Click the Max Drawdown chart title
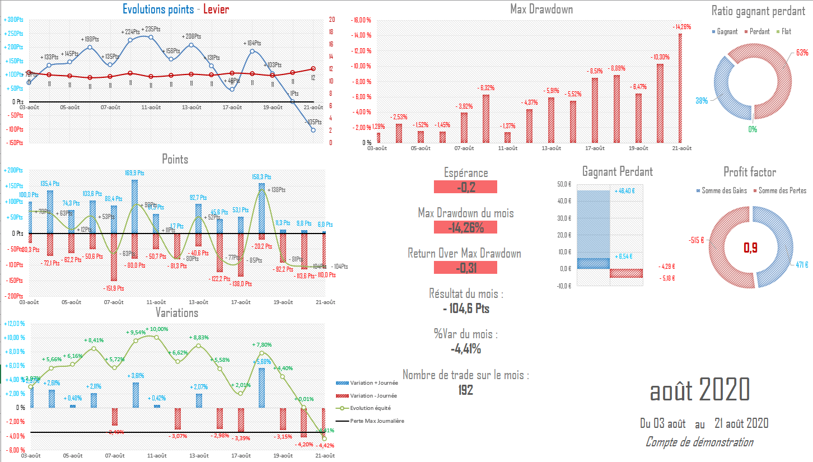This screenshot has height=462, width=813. tap(541, 9)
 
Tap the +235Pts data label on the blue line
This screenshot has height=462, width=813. tap(151, 29)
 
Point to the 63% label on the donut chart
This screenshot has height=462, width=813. tap(802, 53)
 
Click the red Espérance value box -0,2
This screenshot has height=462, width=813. tap(465, 187)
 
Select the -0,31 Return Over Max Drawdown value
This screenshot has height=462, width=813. tap(465, 268)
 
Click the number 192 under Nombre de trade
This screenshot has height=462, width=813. tap(465, 390)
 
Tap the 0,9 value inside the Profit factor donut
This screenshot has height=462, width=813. tap(750, 247)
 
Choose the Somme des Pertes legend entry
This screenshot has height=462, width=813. tap(782, 191)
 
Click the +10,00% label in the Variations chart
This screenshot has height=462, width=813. tap(156, 329)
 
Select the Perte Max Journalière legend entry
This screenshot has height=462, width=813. tap(376, 421)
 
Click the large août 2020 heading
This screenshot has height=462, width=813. tap(699, 390)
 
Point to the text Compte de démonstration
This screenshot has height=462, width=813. tap(699, 442)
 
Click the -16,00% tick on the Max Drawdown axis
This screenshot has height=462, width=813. tap(360, 20)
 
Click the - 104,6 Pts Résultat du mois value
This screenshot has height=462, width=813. tap(465, 309)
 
